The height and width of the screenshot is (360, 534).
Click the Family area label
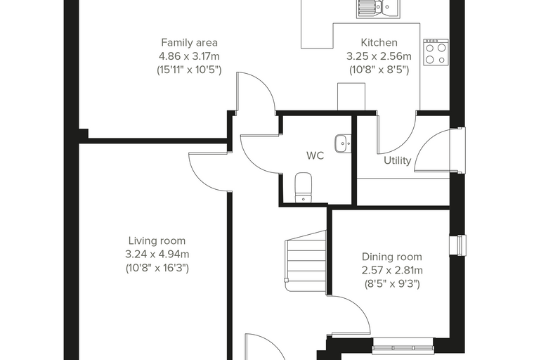(x=189, y=43)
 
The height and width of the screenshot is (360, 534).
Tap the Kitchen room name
(x=379, y=43)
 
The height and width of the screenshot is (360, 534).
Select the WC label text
(x=315, y=156)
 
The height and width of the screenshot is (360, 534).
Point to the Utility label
(x=398, y=160)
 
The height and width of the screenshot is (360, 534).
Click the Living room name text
(x=157, y=240)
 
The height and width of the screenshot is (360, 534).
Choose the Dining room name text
(x=391, y=257)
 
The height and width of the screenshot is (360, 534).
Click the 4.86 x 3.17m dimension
(x=189, y=56)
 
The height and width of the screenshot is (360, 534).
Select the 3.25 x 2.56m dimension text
(x=379, y=56)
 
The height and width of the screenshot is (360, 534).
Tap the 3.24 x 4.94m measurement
(x=157, y=255)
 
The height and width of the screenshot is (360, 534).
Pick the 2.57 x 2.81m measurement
(x=392, y=270)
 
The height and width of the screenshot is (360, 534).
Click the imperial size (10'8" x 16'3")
(x=157, y=268)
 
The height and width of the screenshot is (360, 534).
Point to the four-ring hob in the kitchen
(x=436, y=52)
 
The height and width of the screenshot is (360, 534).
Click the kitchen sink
(x=378, y=9)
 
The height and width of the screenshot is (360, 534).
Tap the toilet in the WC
(x=303, y=187)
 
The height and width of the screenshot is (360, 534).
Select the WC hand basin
(x=343, y=143)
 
